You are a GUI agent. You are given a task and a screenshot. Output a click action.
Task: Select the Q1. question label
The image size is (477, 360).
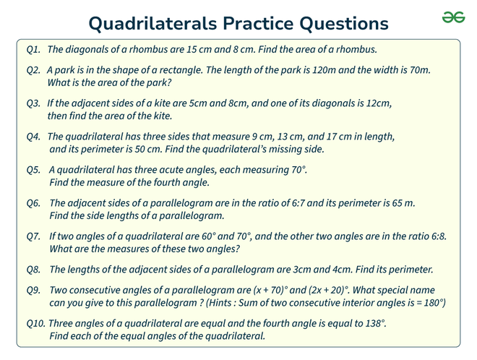[33, 50]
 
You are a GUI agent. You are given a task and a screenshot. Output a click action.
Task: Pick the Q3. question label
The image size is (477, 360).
[33, 103]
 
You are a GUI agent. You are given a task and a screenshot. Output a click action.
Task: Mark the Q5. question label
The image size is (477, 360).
[33, 170]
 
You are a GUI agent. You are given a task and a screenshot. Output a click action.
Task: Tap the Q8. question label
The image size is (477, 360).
[33, 270]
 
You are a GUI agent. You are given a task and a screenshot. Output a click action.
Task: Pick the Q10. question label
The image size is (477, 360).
[36, 323]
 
